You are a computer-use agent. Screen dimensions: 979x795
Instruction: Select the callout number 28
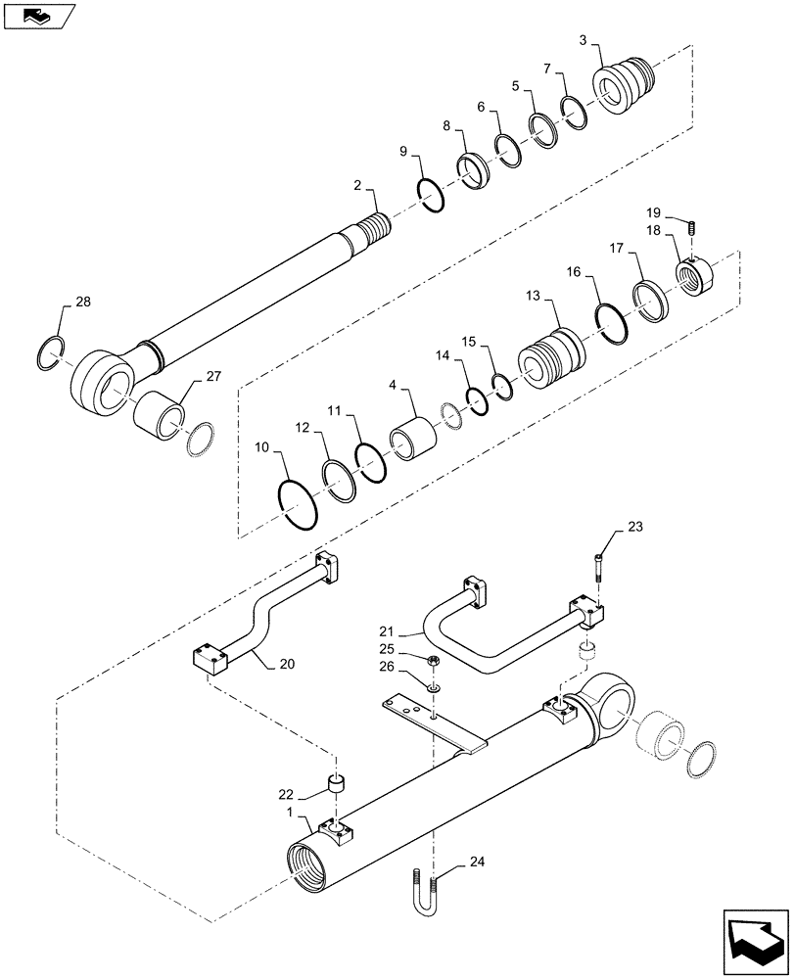(x=81, y=303)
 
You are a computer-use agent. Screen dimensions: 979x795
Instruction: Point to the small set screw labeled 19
(x=691, y=228)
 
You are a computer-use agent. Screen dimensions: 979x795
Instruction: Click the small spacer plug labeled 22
(x=337, y=783)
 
